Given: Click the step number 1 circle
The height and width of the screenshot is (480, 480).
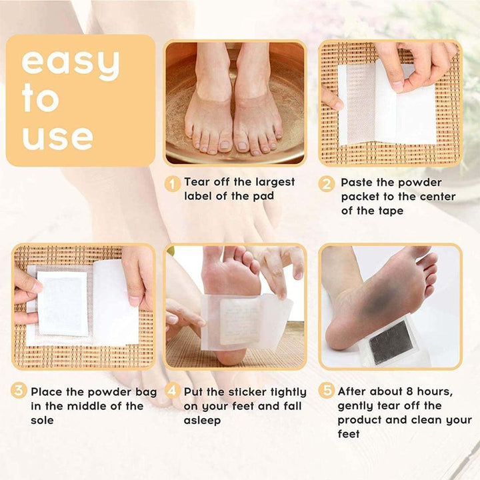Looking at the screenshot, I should coord(173,183).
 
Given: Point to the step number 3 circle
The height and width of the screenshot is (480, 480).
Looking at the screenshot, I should coord(19,392).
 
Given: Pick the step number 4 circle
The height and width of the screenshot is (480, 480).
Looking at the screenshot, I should coord(173,392).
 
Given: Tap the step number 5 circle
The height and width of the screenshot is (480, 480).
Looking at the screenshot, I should coord(326,392).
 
